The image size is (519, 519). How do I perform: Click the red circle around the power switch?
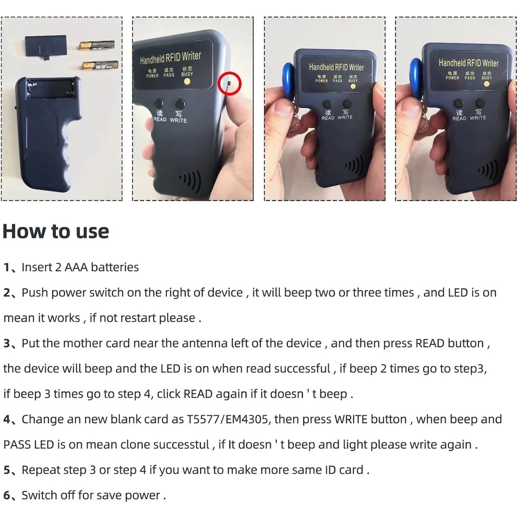point(218,84)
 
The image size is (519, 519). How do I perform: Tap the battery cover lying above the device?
point(46,46)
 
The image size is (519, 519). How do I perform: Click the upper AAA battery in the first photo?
point(97,45)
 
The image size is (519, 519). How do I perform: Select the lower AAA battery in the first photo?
point(100,65)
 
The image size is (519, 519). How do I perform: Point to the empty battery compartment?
point(52,89)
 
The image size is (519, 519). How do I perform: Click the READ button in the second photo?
point(159,103)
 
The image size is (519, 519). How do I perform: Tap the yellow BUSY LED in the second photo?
point(187,82)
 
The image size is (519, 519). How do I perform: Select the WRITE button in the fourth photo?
point(480,103)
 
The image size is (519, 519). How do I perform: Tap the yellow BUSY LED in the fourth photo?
point(487,84)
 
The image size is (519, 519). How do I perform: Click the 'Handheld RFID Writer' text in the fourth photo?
point(468,62)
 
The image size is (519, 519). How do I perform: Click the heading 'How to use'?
point(56,231)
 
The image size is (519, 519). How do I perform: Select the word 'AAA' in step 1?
point(76,267)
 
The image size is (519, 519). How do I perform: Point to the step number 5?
point(7,470)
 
